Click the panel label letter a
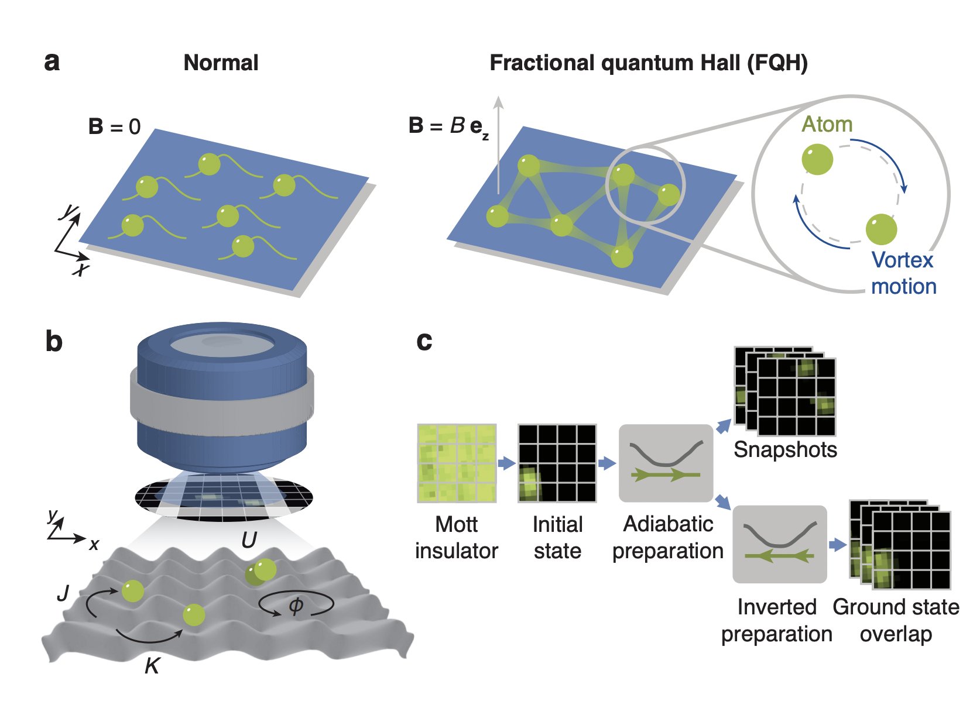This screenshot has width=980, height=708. tap(52, 62)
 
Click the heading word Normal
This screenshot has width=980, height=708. tap(221, 63)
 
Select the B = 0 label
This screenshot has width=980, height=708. tap(114, 126)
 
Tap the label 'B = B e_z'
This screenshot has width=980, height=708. tap(448, 126)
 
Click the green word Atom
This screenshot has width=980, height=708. tap(827, 124)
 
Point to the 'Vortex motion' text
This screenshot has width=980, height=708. tap(903, 273)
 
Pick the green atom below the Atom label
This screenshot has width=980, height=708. tap(817, 159)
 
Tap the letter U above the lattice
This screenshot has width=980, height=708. tap(249, 540)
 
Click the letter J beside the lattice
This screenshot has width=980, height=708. tap(63, 594)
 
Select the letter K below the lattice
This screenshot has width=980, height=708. tap(152, 666)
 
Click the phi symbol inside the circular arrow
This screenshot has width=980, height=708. tap(296, 606)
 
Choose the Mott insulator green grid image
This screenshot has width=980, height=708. tap(457, 463)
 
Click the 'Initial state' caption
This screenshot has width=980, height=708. tap(557, 537)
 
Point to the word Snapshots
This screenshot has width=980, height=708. tap(785, 449)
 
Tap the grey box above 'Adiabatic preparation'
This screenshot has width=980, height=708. tap(666, 463)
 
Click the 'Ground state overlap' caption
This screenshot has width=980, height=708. tap(896, 620)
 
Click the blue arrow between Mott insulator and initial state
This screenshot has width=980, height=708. tap(506, 463)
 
